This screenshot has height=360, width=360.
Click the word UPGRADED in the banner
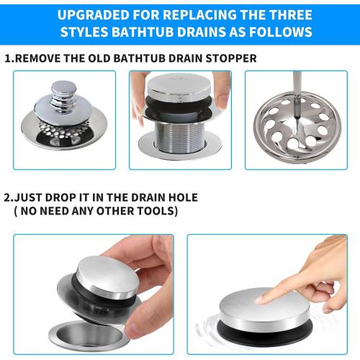tap(97, 14)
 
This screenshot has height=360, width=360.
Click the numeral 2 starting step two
tap(6, 197)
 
